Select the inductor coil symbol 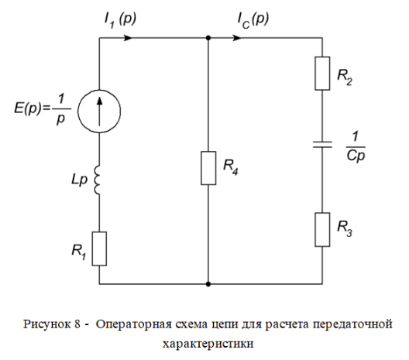[x=97, y=180]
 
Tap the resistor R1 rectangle [x=99, y=249]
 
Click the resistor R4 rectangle [x=208, y=168]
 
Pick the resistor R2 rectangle [x=322, y=74]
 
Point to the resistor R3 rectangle [x=322, y=230]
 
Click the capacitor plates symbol [x=322, y=145]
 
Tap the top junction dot [x=208, y=38]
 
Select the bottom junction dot [x=208, y=284]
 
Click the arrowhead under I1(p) [x=128, y=38]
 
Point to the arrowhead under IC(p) [x=236, y=38]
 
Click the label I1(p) [x=120, y=20]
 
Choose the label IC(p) [x=253, y=20]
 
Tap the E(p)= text [x=32, y=108]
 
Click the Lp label [x=79, y=180]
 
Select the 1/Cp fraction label [x=356, y=147]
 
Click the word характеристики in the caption [x=208, y=344]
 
